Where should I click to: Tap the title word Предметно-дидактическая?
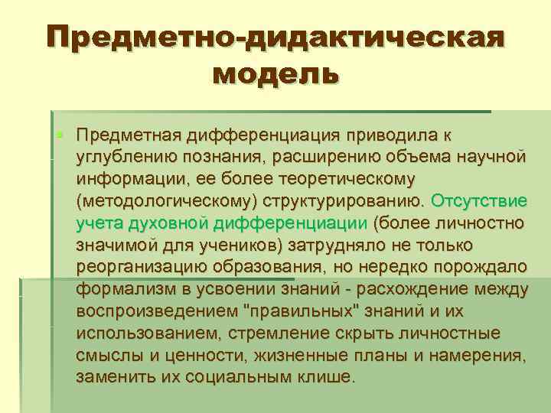click(275, 36)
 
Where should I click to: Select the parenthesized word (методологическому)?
click(167, 201)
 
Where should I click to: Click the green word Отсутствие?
click(479, 201)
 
